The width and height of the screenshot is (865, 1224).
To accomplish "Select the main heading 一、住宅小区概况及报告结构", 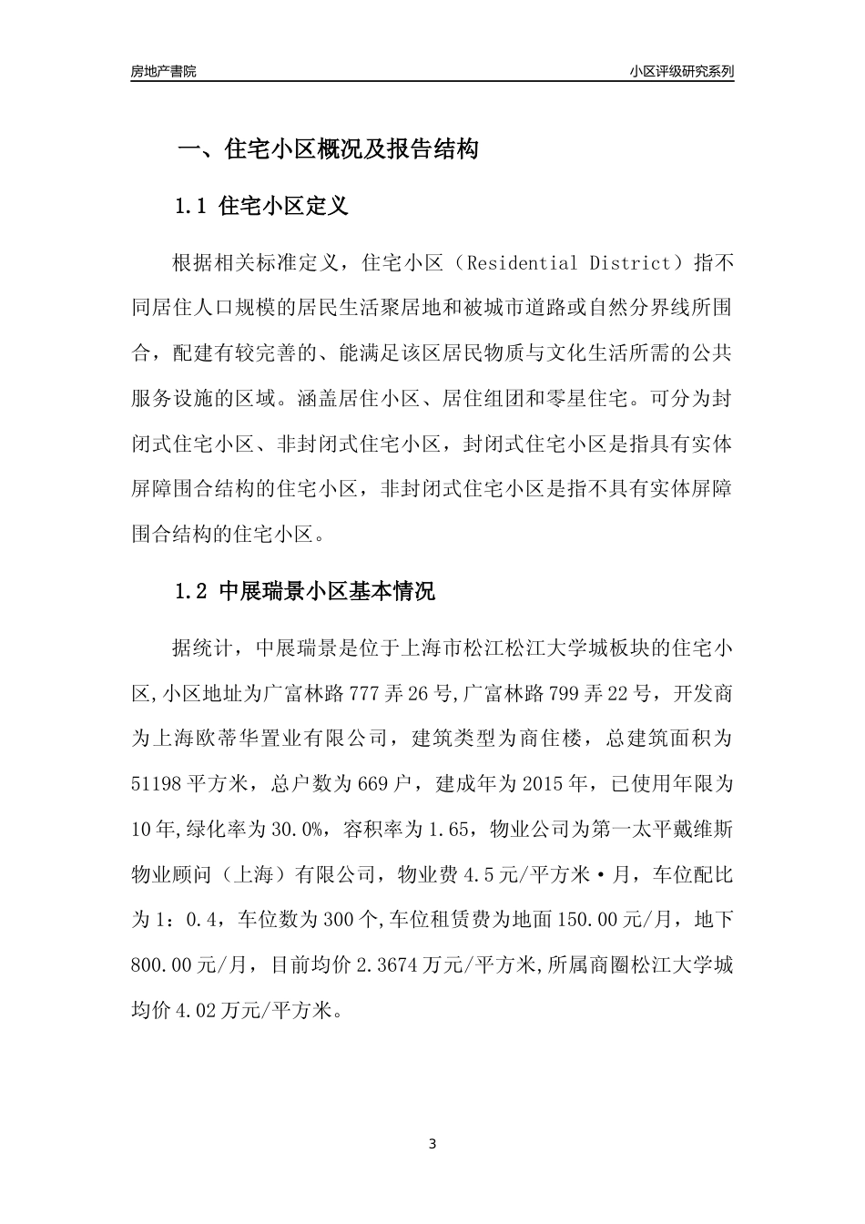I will click(328, 149).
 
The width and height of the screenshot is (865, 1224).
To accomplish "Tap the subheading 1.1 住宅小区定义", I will click(261, 206).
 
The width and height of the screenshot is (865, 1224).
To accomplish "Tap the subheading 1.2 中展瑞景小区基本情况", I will click(305, 591).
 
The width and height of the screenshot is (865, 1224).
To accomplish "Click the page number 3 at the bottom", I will click(432, 1144).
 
